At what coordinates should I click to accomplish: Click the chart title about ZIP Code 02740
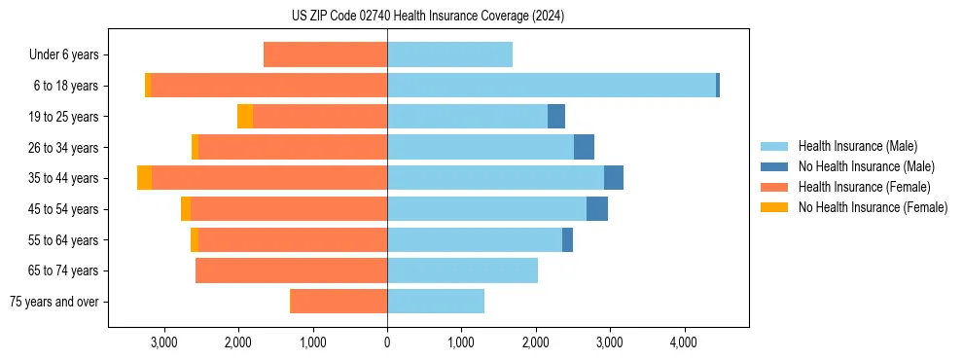427,16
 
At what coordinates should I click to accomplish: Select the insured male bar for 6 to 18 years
551,86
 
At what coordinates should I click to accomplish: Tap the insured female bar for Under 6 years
325,54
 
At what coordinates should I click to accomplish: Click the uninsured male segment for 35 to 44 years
614,178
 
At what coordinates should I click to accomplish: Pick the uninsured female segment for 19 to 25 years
245,117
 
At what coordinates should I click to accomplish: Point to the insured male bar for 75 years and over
436,302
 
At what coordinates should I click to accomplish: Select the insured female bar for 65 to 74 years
291,270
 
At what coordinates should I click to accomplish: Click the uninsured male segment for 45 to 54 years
597,209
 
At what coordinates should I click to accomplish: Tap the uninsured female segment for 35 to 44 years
144,178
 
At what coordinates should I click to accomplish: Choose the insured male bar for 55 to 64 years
475,239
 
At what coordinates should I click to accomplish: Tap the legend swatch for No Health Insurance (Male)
775,166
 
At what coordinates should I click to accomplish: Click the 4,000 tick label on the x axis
684,342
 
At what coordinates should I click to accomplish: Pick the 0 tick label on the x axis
387,342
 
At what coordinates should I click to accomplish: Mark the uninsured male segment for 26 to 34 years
584,147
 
